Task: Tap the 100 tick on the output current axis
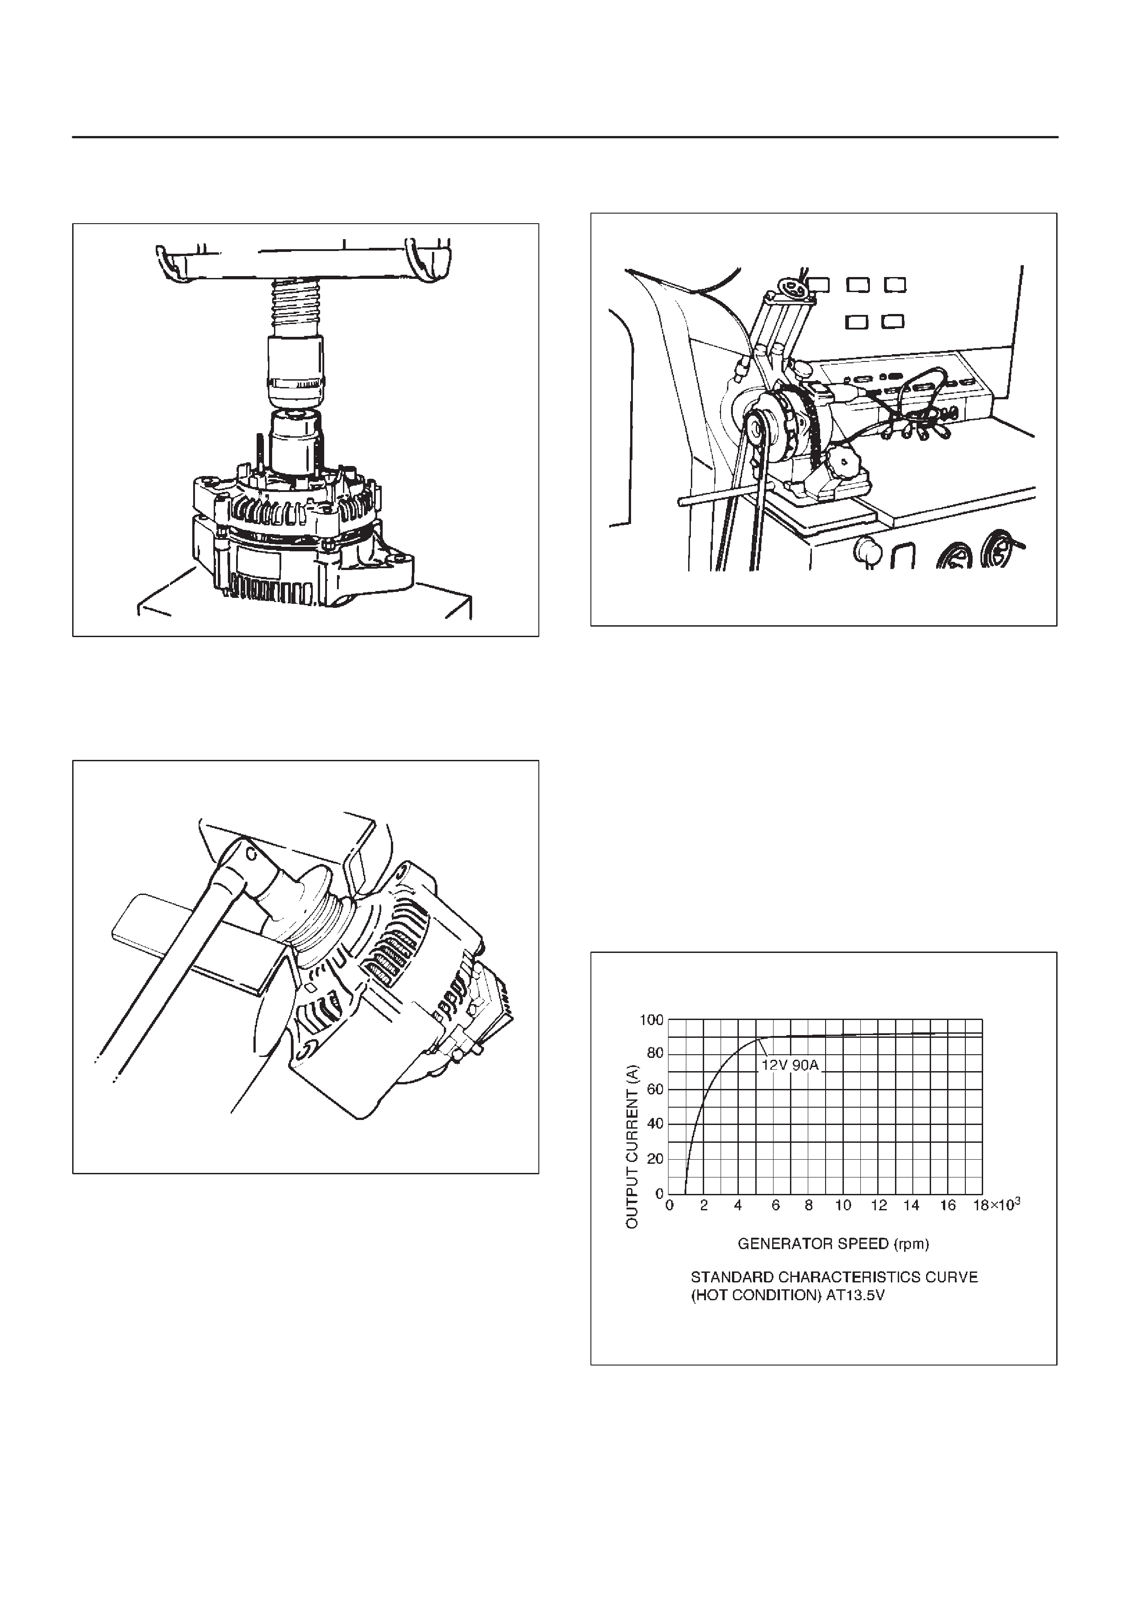[x=652, y=1020]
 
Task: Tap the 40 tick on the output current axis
[x=656, y=1124]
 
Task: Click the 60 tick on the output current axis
[x=656, y=1089]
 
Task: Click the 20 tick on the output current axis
[x=656, y=1159]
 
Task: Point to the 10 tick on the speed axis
[x=843, y=1205]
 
